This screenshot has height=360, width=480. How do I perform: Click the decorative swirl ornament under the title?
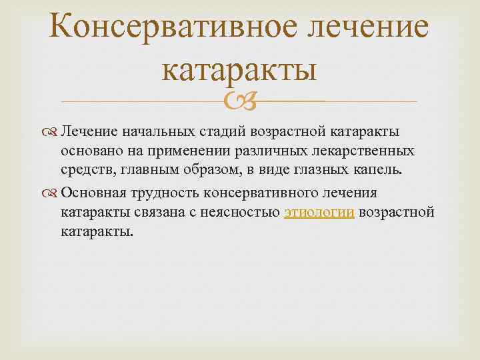(239, 101)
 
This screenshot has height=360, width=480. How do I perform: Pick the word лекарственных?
(373, 151)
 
